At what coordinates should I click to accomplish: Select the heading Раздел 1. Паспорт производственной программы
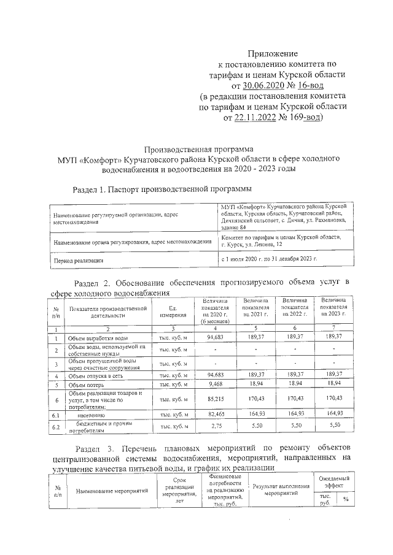[x=162, y=189]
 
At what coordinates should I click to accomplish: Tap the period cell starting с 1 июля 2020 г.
[x=268, y=259]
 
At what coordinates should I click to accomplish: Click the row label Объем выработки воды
[x=98, y=338]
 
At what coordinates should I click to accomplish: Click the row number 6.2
[x=56, y=426]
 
